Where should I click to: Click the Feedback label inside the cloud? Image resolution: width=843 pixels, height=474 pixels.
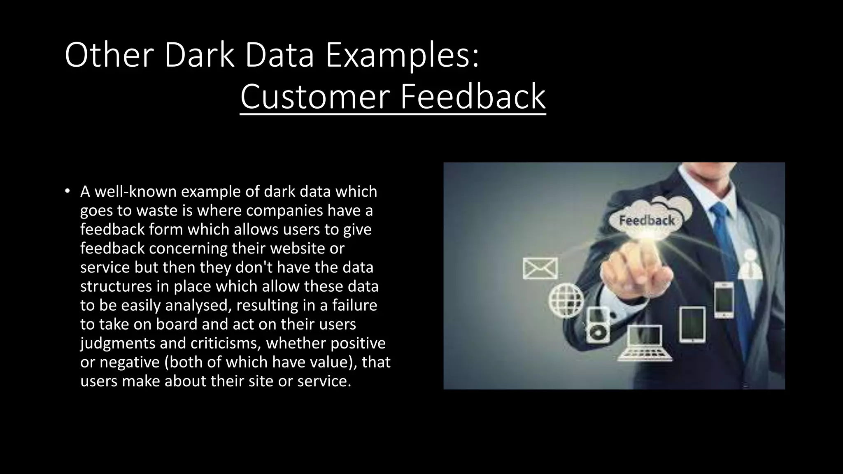[647, 221]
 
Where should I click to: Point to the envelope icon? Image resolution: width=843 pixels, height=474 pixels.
[540, 268]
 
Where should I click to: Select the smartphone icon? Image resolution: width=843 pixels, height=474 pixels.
[724, 299]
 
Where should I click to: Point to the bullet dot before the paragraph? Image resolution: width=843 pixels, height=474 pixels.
[68, 191]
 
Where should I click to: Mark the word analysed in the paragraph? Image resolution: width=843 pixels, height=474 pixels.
[198, 305]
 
